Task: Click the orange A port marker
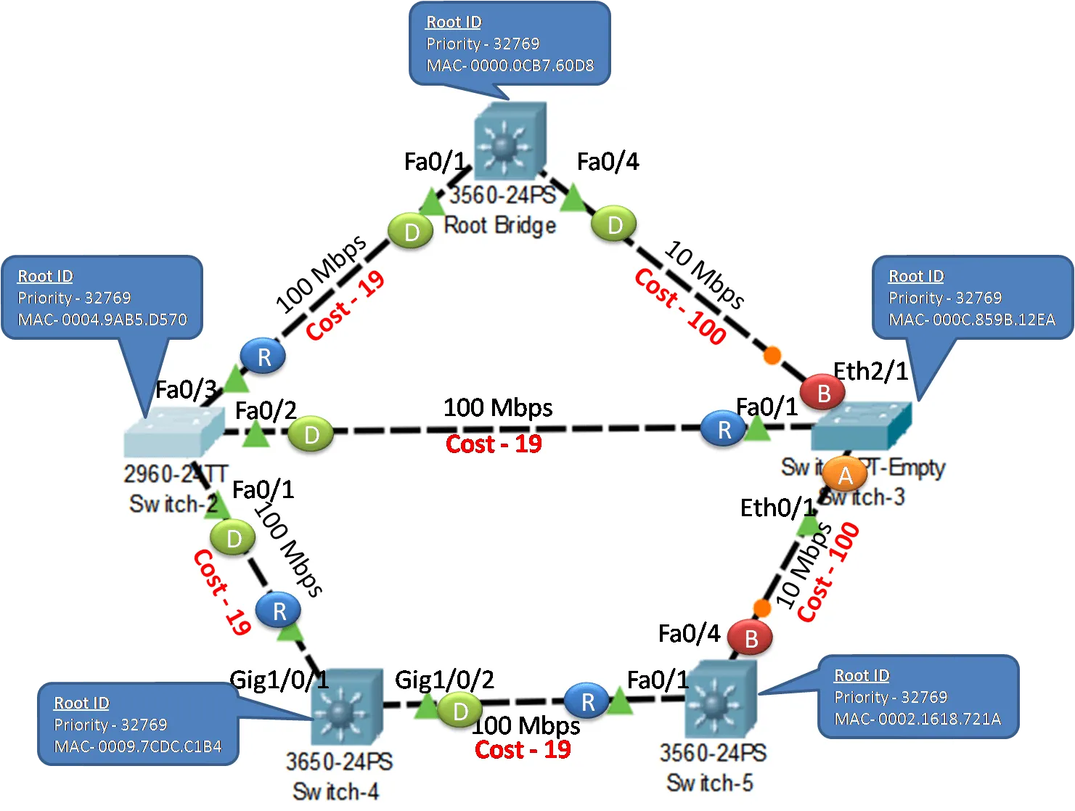845,476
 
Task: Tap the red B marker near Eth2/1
824,393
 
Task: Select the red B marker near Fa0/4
751,638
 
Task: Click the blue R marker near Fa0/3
263,356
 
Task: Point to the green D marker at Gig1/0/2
460,712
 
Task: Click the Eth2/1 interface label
870,371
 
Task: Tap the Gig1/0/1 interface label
279,680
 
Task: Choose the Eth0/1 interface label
777,508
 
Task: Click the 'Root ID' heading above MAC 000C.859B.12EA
916,276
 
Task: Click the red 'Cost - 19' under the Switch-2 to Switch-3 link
494,444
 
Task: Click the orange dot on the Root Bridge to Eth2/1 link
772,355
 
